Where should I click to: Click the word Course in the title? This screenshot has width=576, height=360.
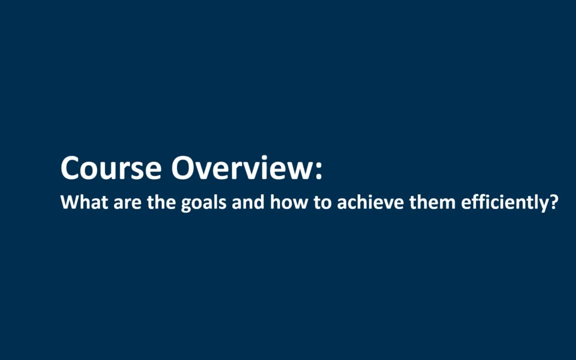point(111,168)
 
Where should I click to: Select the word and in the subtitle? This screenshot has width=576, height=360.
point(248,202)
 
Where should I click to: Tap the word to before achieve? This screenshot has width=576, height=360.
point(322,203)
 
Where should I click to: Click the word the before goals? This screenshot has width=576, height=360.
point(161,202)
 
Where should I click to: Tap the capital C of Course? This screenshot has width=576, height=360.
point(69,168)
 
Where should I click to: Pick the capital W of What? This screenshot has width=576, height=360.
point(70,202)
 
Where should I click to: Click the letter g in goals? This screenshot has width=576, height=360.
point(186,205)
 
